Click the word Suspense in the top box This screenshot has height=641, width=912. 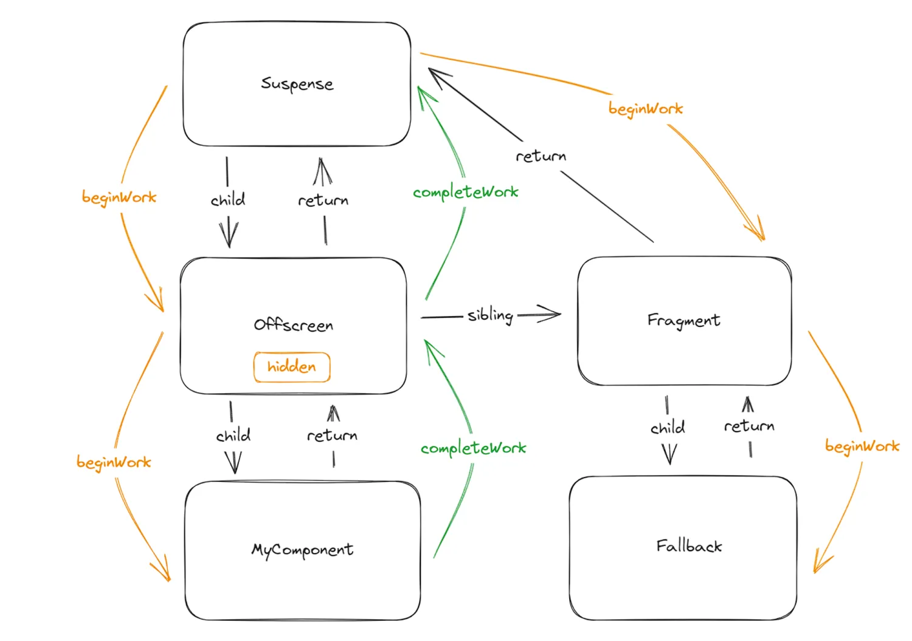(297, 84)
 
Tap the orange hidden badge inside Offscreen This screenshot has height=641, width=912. (292, 367)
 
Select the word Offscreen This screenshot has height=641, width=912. (294, 325)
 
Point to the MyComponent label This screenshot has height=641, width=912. (302, 550)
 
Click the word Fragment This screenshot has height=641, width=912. (683, 320)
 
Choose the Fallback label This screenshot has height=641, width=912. (689, 546)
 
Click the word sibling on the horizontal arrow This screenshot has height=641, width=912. (490, 315)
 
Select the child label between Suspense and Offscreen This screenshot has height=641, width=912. (228, 200)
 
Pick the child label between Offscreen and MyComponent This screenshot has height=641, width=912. (233, 436)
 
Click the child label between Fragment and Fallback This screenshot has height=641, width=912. (668, 428)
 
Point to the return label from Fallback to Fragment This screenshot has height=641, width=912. (749, 427)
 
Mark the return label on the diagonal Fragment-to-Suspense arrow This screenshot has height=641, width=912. (541, 157)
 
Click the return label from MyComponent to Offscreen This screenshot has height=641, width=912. (332, 436)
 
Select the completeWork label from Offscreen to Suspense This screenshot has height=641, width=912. (465, 193)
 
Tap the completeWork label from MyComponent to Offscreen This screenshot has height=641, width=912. (473, 448)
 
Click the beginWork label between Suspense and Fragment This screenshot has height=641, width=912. (646, 109)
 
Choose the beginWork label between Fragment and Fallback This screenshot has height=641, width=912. (862, 447)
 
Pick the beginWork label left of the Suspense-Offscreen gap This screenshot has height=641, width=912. (119, 197)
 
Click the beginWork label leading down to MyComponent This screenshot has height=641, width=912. (114, 462)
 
